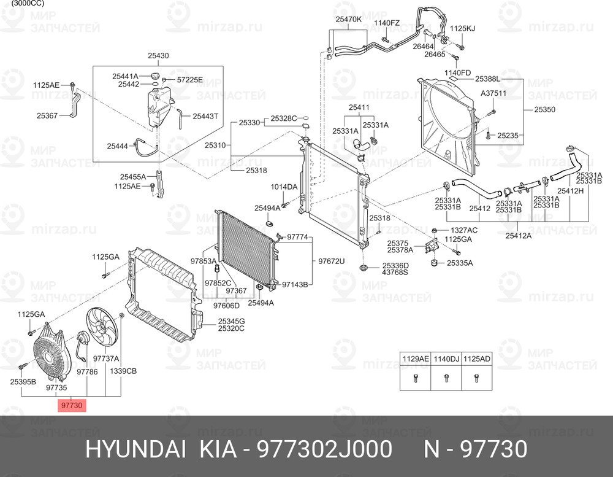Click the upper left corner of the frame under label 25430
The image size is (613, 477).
point(93,66)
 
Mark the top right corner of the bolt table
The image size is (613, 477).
point(492,352)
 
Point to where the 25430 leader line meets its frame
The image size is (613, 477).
point(158,66)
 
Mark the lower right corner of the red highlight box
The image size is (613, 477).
point(86,412)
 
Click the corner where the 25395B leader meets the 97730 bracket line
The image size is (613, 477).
point(21,396)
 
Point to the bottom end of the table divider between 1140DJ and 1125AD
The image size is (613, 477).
point(462,390)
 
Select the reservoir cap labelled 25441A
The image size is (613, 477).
point(155,76)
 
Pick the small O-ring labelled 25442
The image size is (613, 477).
point(155,84)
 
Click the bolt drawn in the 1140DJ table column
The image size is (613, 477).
point(446,378)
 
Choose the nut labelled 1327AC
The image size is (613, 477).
point(434,230)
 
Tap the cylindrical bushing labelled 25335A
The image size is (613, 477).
point(433,262)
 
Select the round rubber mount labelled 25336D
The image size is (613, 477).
point(364,268)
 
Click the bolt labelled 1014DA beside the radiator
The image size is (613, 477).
point(284,204)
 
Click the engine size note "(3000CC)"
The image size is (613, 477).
point(28,3)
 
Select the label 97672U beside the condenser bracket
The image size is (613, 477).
point(331,261)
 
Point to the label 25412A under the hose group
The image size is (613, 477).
point(519,235)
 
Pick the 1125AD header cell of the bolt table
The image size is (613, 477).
point(476,359)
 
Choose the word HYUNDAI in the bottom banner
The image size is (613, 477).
point(135,449)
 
